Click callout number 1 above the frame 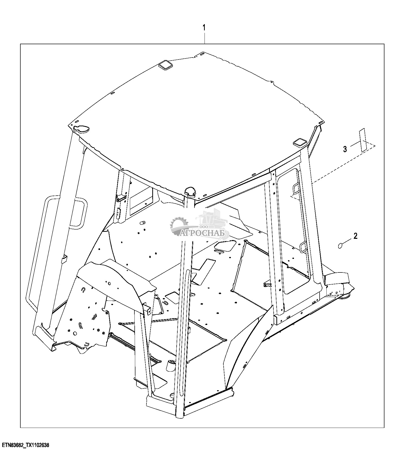204,27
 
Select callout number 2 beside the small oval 355,236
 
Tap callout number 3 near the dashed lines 345,149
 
